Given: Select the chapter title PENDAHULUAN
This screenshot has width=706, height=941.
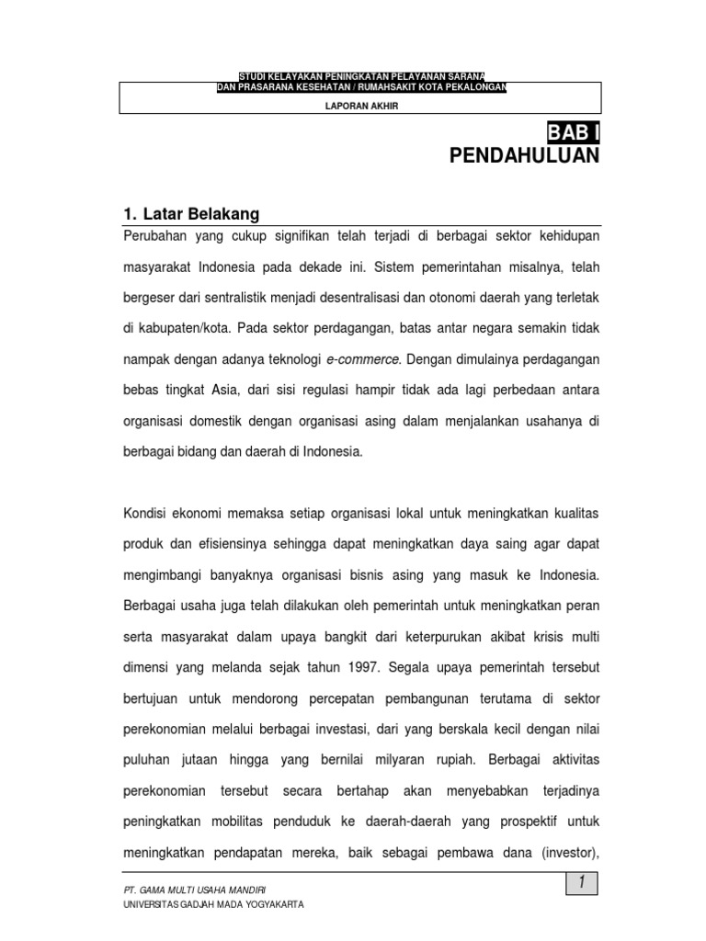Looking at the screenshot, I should pyautogui.click(x=524, y=155).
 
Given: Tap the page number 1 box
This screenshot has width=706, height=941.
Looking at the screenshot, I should pyautogui.click(x=581, y=883).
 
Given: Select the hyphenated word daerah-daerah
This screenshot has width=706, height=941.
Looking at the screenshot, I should pyautogui.click(x=418, y=821).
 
